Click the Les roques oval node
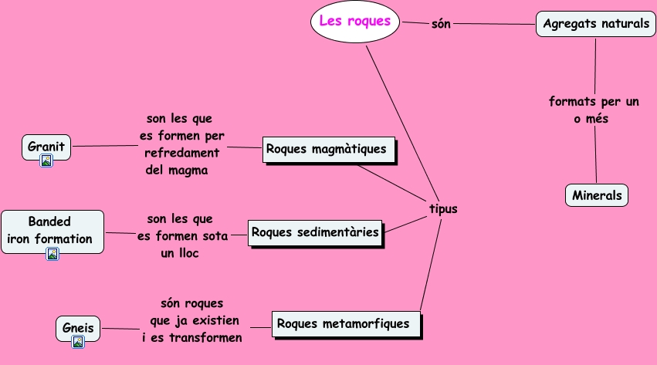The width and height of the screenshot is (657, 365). pos(356,22)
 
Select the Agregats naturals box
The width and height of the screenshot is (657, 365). pos(595,24)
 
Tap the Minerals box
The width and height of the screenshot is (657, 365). pos(597,195)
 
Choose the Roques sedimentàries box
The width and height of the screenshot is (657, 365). pos(315,232)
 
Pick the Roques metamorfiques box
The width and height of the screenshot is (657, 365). pos(347,323)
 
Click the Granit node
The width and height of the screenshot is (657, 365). pos(46,146)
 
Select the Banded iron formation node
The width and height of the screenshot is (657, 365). pos(51,230)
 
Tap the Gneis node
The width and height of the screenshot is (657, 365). pos(78,328)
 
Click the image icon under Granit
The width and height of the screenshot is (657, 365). pos(46,161)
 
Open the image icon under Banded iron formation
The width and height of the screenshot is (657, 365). pos(52,253)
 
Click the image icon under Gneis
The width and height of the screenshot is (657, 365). pos(78,342)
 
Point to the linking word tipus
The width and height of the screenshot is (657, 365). pos(443,208)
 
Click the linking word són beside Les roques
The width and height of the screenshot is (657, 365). pos(441,24)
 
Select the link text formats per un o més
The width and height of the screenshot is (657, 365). pos(594,110)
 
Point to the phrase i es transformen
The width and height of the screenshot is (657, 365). pos(192,338)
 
